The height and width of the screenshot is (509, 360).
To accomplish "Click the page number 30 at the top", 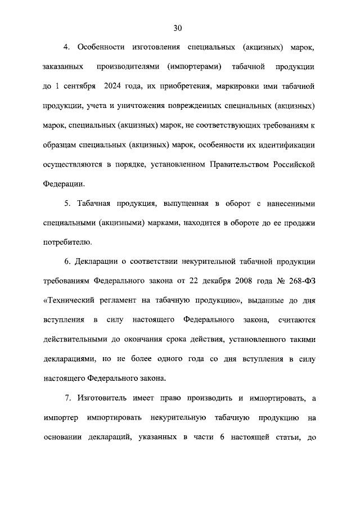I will (178, 28).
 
